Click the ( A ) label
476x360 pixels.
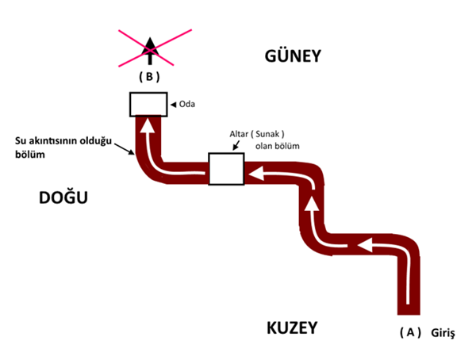coord(409,333)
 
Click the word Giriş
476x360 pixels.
coord(441,333)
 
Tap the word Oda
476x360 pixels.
coord(187,103)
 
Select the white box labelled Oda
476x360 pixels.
coord(148,103)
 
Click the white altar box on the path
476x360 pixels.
coord(225,169)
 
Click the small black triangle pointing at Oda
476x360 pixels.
coord(174,103)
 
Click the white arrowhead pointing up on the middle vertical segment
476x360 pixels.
coord(313,203)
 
